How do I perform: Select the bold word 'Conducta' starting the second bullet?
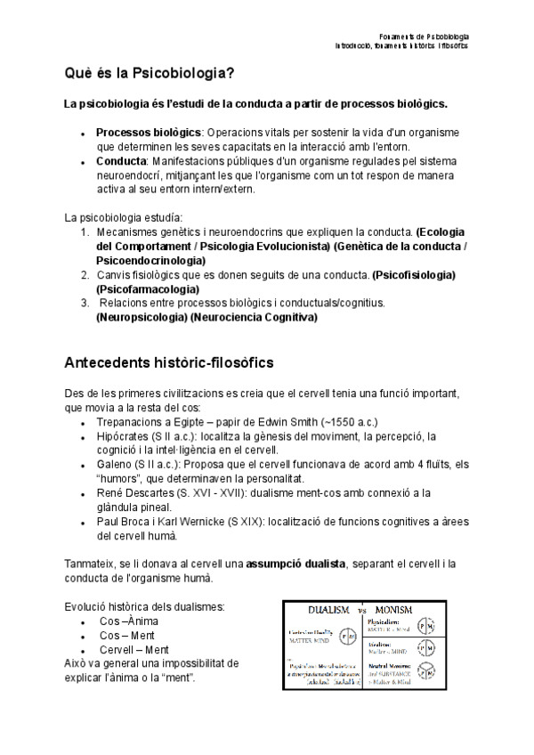pos(120,161)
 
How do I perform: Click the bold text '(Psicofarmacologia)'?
pos(148,288)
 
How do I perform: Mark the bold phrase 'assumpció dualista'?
pos(295,564)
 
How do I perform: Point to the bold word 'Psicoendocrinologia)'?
pos(150,260)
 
